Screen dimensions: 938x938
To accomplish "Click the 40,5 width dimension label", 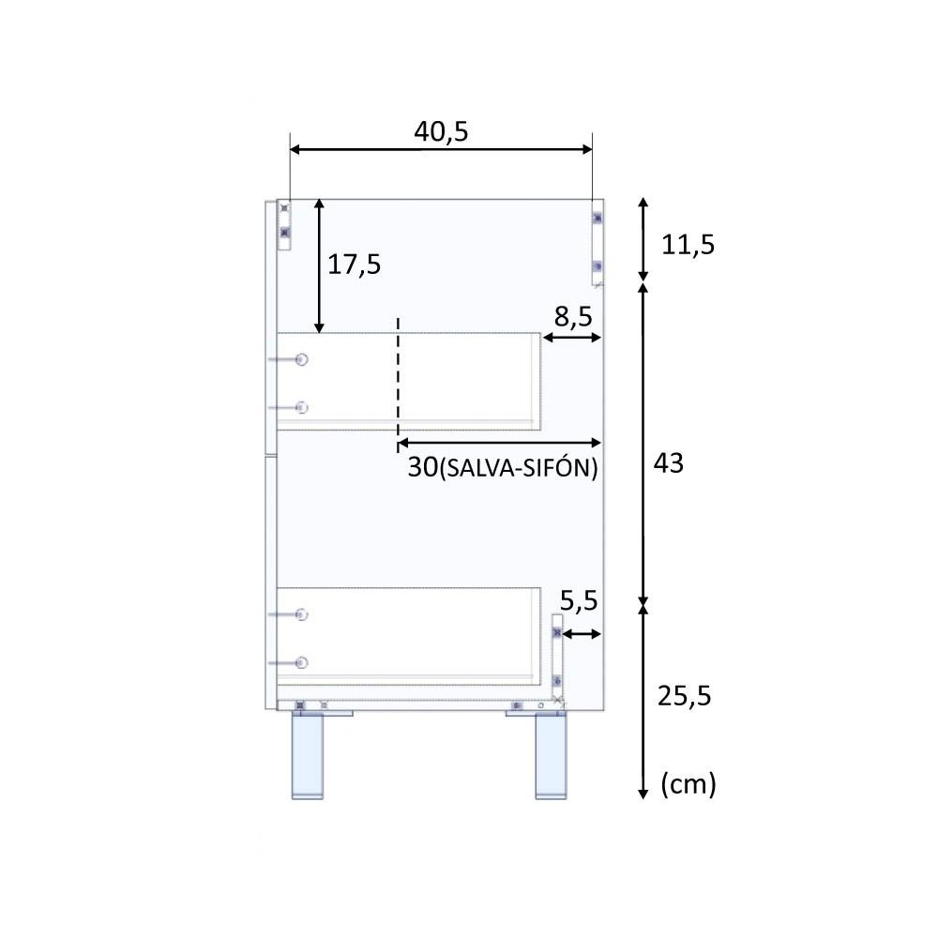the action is tap(441, 131).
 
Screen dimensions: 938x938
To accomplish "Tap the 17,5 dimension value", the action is tap(354, 264).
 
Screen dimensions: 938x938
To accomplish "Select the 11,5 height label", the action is tap(688, 245).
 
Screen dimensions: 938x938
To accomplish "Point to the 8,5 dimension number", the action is tap(572, 316).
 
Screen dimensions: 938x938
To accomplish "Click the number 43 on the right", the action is tap(668, 463).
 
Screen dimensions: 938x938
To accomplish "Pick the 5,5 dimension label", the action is tap(579, 600).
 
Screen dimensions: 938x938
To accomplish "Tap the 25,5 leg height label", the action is tap(685, 696).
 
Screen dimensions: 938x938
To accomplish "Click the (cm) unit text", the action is tap(688, 783).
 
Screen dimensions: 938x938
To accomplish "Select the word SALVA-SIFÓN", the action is tap(519, 468).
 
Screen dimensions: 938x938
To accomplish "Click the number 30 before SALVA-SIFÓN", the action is tap(423, 467).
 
